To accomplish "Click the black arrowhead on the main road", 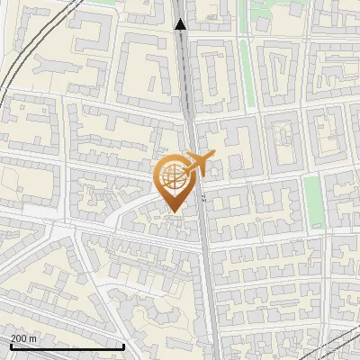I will (180, 24).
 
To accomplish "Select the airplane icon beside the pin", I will (200, 164).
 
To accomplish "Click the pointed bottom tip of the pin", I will (173, 212).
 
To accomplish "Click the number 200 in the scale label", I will (19, 338).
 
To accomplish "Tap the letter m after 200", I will (32, 338).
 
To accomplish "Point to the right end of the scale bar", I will (123, 346).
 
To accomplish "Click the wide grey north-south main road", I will (205, 270).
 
